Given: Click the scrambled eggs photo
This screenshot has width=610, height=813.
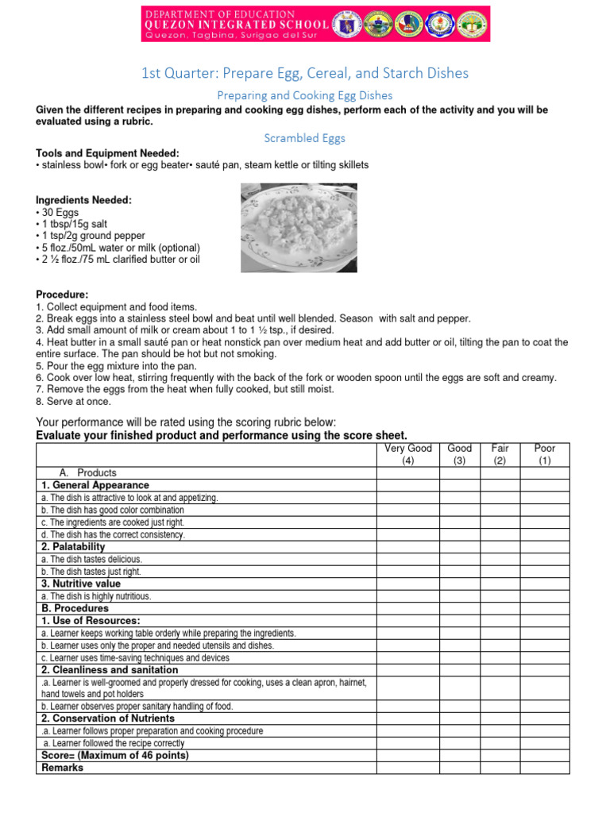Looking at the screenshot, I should click(x=299, y=228).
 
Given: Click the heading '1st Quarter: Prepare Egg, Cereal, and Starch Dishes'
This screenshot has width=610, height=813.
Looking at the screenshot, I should click(x=305, y=73).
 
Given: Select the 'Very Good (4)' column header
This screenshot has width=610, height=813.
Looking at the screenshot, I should click(x=408, y=454).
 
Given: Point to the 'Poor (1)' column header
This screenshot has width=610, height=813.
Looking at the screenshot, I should click(x=545, y=454).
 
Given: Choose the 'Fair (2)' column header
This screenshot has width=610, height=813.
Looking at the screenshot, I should click(x=500, y=454).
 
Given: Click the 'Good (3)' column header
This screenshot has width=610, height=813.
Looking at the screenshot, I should click(x=459, y=454).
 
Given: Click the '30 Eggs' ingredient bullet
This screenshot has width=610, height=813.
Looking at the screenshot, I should click(x=56, y=213).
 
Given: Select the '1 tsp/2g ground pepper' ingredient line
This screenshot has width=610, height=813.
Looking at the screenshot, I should click(x=91, y=236).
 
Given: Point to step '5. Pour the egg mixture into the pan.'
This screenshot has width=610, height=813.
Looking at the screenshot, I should click(x=117, y=366).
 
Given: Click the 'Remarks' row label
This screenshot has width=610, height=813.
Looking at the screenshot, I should click(x=62, y=768).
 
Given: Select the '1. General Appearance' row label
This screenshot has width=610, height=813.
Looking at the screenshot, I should click(x=95, y=485).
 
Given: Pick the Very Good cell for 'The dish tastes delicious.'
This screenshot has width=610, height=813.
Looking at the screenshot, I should click(x=408, y=559).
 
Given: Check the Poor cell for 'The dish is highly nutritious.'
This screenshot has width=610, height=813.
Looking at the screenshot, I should click(x=545, y=596).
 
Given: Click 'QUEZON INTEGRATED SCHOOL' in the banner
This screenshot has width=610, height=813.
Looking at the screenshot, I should click(x=218, y=24).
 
